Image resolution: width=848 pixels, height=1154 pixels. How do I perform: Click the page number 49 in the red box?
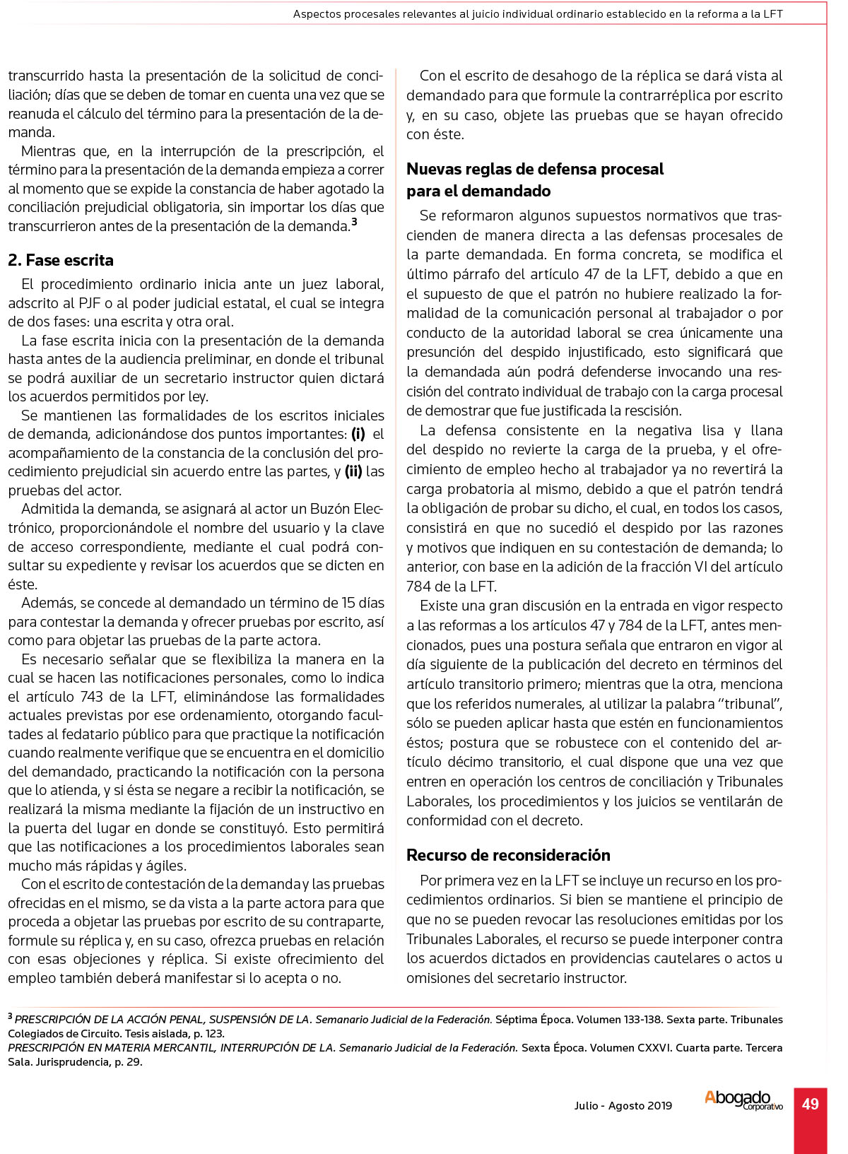[x=810, y=1104]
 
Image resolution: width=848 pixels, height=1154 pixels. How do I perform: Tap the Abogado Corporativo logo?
[x=743, y=1100]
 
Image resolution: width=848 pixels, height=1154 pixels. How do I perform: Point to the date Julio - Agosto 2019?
[x=623, y=1106]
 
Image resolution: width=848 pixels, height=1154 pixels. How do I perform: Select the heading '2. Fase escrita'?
[x=61, y=260]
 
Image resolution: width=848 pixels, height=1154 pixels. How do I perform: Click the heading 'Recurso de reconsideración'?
[x=508, y=855]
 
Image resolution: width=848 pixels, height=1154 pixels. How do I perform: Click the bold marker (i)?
[x=358, y=434]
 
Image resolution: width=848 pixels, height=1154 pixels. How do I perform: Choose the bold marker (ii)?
[x=353, y=471]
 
